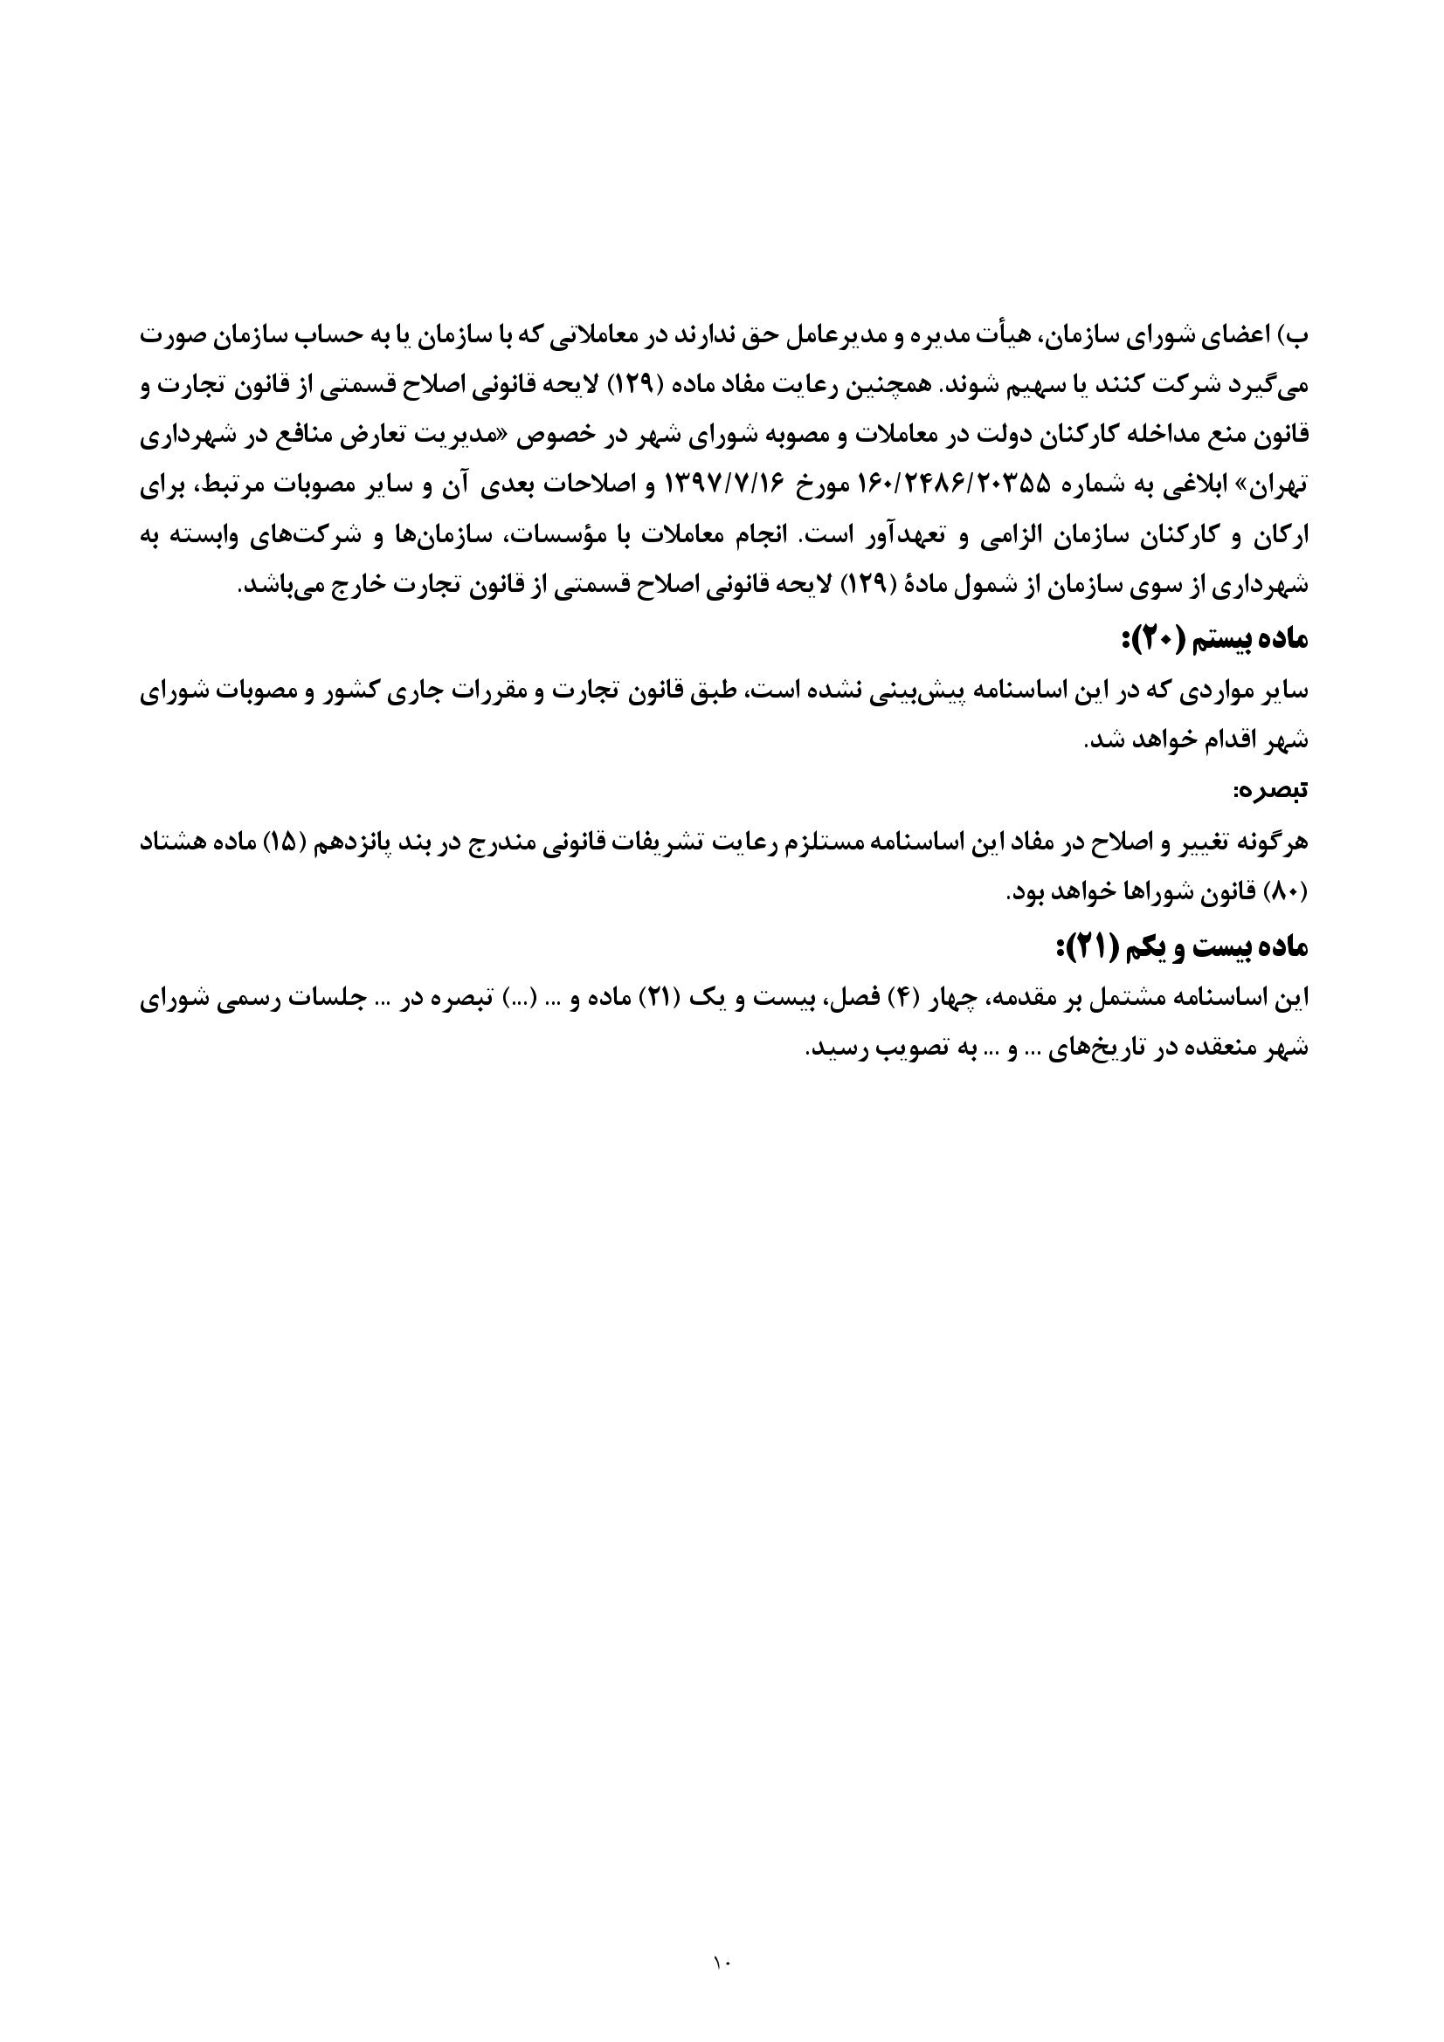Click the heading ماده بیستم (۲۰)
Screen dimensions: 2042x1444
tap(1214, 637)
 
